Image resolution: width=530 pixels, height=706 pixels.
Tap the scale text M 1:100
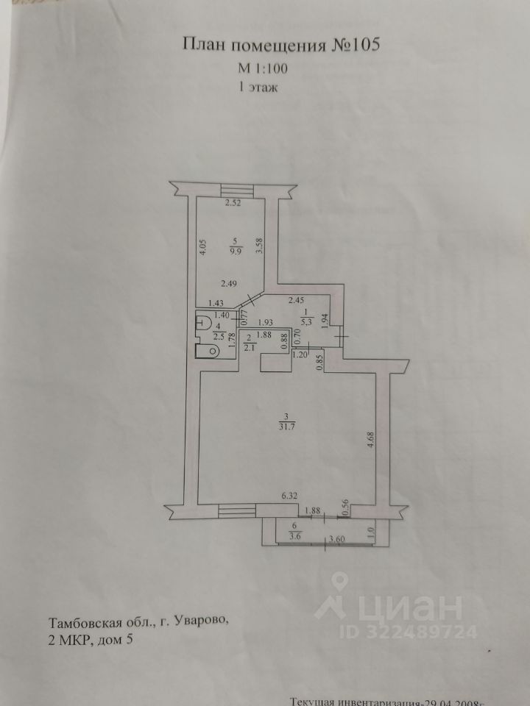[x=264, y=68]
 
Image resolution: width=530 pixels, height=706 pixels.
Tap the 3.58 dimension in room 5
[x=258, y=244]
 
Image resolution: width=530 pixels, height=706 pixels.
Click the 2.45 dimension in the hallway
[x=296, y=299]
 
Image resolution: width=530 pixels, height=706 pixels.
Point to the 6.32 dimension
[x=293, y=498]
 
